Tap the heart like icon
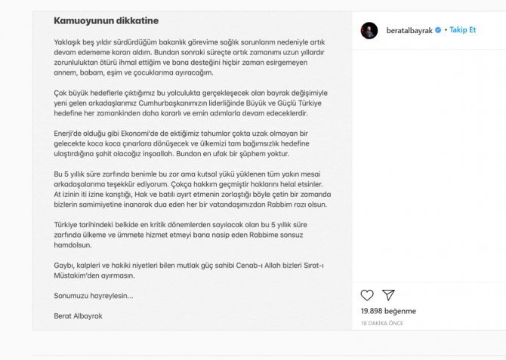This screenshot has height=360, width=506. click(367, 295)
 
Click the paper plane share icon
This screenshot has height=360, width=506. click(387, 295)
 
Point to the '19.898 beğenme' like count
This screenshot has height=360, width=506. click(388, 311)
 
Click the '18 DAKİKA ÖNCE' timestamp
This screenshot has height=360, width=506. click(382, 323)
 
